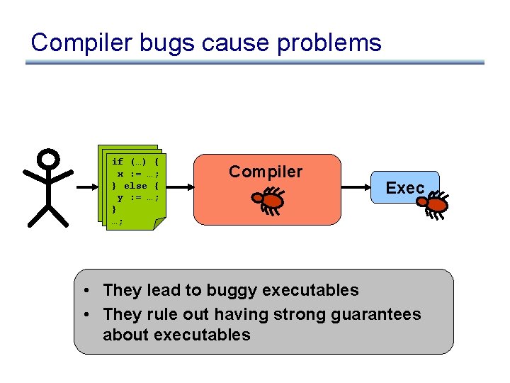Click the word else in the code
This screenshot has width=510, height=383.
(135, 186)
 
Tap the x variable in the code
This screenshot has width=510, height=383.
(120, 174)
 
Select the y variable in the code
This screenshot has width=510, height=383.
(120, 198)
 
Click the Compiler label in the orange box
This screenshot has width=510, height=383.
(266, 172)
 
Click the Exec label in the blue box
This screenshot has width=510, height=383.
(405, 188)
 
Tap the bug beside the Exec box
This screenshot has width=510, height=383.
(433, 206)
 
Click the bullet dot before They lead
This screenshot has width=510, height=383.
(86, 291)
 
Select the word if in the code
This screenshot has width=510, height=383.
(118, 162)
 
